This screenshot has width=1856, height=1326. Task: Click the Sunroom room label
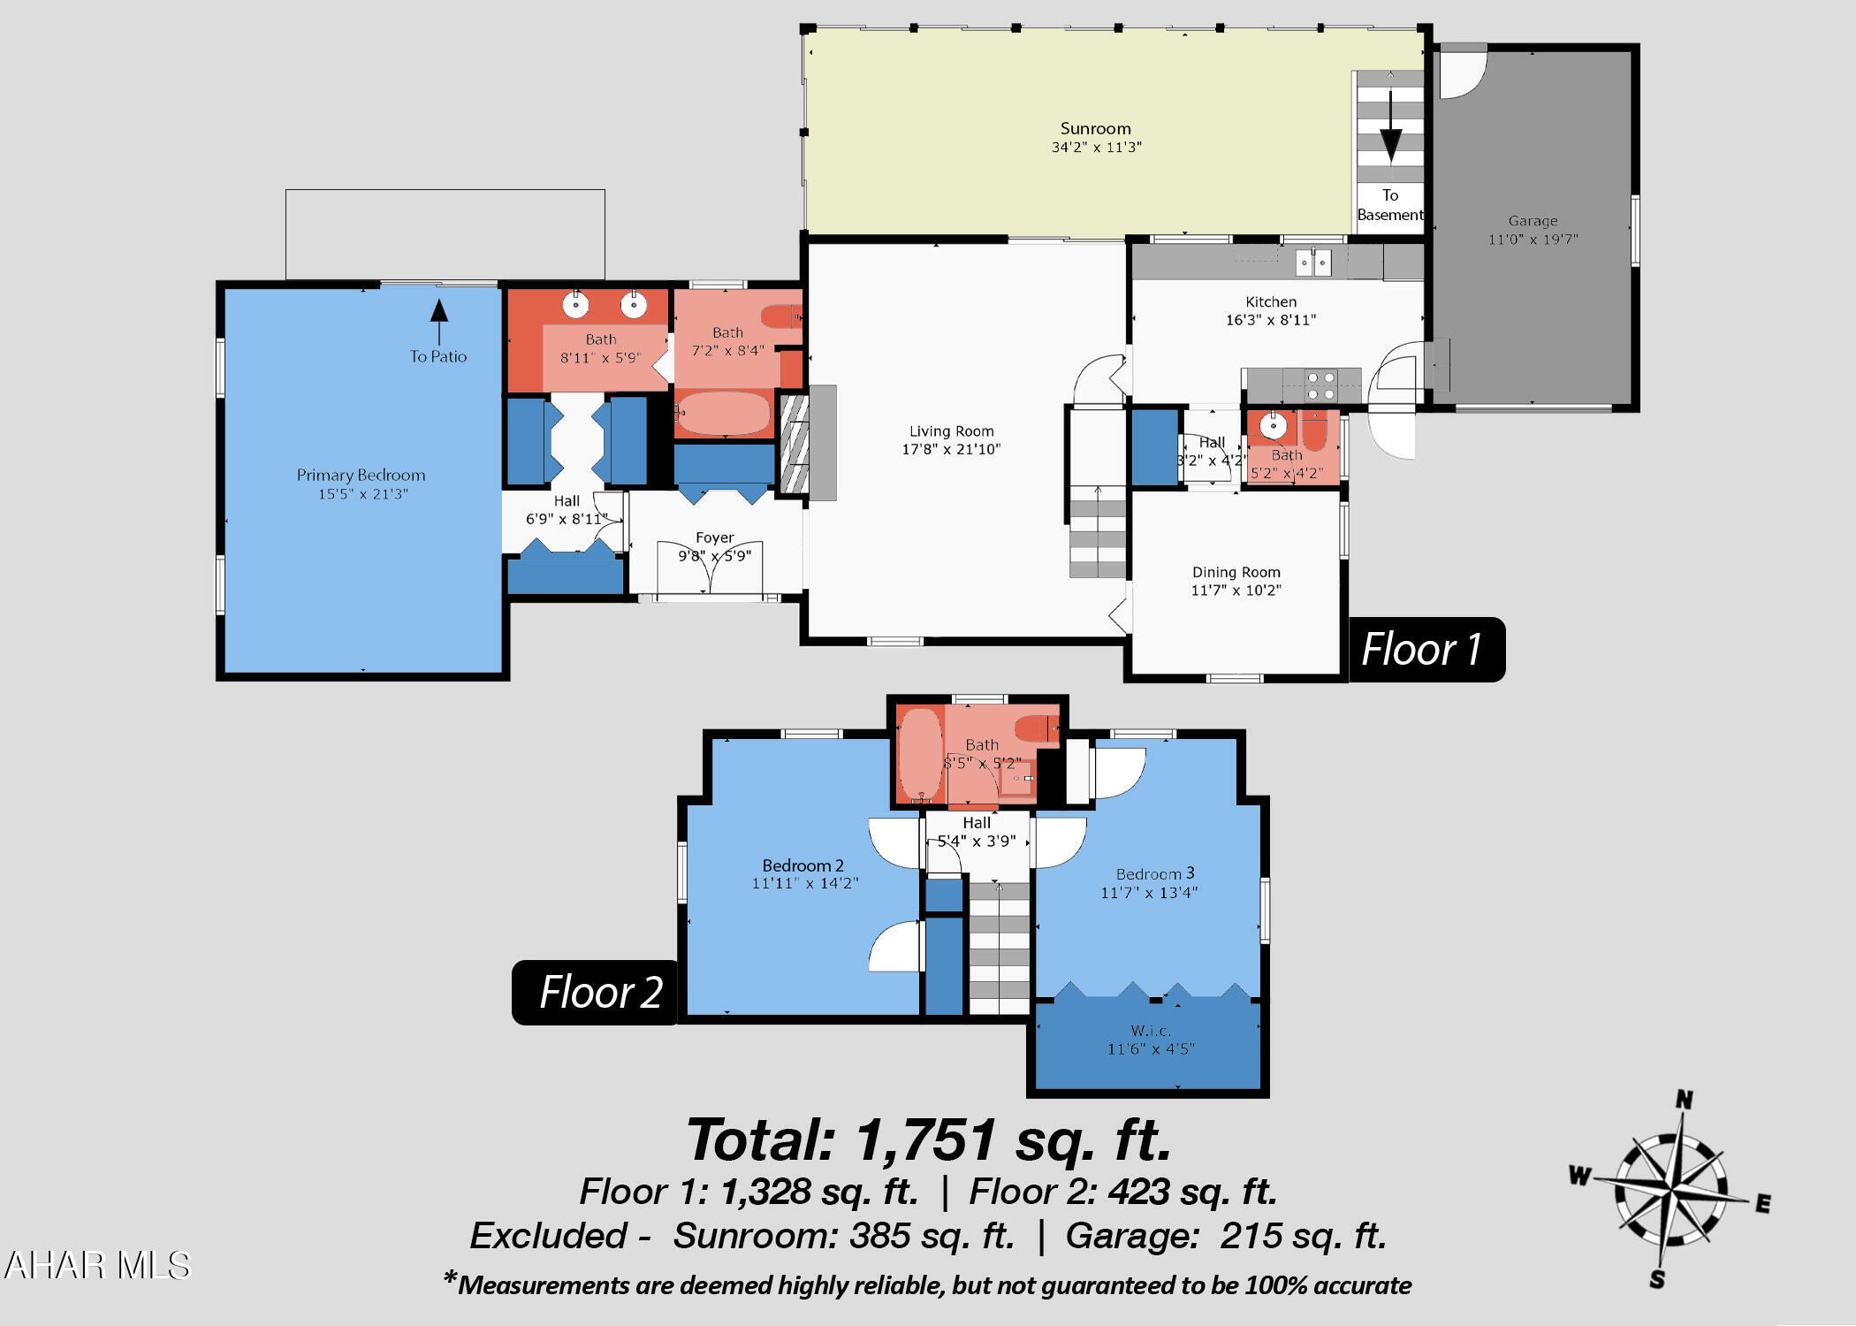click(x=1095, y=128)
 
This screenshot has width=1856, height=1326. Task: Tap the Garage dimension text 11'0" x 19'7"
click(x=1533, y=240)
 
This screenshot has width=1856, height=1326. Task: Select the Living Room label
click(x=951, y=431)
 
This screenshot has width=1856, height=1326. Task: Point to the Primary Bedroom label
click(x=361, y=476)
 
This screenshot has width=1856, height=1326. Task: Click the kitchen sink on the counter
click(x=1313, y=263)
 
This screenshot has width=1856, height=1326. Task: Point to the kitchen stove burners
click(x=1320, y=385)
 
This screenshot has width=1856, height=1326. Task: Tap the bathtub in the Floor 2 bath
click(x=921, y=755)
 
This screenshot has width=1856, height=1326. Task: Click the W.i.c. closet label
click(x=1151, y=1031)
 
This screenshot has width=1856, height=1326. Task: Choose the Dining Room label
click(x=1236, y=572)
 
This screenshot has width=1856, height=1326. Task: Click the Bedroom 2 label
click(x=802, y=865)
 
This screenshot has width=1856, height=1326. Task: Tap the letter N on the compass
click(x=1685, y=1100)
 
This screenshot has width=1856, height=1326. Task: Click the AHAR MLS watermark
click(x=97, y=1265)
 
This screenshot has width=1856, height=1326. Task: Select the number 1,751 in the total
click(x=926, y=1139)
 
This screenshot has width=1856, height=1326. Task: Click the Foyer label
click(x=714, y=537)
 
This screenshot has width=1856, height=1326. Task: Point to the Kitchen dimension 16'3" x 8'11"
click(x=1270, y=320)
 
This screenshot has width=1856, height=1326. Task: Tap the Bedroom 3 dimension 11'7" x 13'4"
click(x=1148, y=893)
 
